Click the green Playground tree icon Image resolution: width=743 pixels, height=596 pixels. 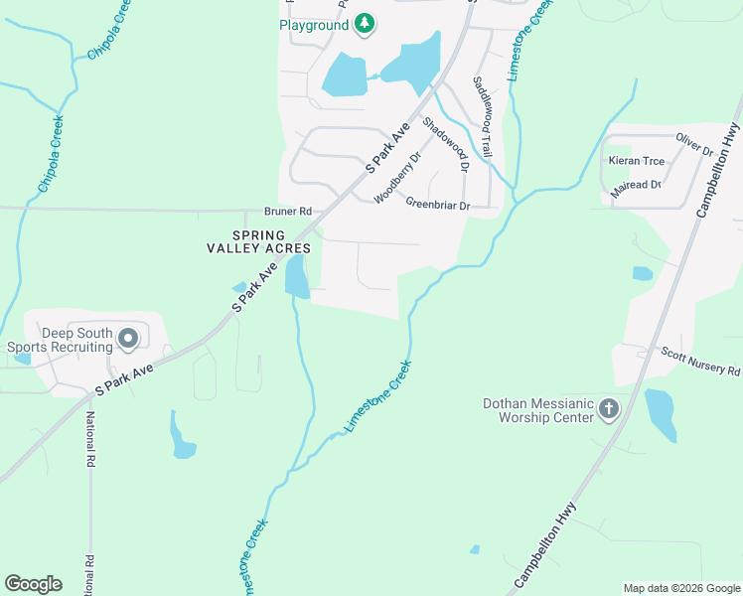[x=365, y=23]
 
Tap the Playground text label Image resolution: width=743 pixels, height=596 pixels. [x=314, y=24]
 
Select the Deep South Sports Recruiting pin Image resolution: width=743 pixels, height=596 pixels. [x=128, y=340]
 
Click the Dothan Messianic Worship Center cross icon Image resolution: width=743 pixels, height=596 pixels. [x=609, y=409]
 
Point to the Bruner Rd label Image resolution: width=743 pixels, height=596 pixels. [x=288, y=212]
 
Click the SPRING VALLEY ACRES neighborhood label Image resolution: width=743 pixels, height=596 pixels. [x=258, y=241]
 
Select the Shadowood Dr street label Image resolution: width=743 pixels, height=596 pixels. [x=444, y=144]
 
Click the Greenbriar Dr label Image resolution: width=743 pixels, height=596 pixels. [x=437, y=205]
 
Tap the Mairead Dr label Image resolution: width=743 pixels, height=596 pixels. [x=636, y=186]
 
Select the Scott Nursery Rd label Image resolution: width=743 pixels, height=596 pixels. [x=700, y=362]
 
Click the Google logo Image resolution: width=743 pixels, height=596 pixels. [x=33, y=583]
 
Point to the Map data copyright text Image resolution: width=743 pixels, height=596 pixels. [x=680, y=588]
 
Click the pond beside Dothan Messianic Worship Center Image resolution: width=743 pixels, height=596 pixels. [x=661, y=415]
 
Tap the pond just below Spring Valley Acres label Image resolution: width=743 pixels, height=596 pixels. [x=297, y=276]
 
